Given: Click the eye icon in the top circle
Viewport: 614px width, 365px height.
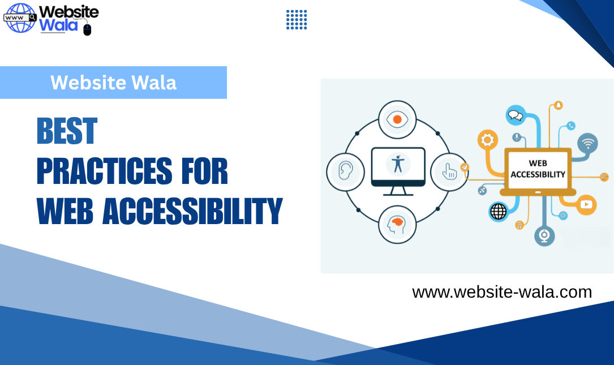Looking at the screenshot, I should click(397, 119).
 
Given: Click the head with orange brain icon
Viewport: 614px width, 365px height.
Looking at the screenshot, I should click(397, 224).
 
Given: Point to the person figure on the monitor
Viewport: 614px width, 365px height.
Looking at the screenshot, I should click(398, 164).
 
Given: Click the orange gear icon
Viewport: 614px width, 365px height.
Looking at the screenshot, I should click(487, 139).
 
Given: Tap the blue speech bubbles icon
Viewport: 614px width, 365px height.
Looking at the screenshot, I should click(516, 115).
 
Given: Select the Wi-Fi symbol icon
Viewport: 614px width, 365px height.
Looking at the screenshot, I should click(588, 143).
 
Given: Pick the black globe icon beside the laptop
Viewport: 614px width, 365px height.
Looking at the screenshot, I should click(499, 212).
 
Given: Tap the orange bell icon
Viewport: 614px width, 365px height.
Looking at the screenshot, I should click(559, 105).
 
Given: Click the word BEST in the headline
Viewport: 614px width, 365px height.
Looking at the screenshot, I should click(67, 131).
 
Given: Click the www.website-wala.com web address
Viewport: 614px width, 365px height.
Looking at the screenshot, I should click(502, 292).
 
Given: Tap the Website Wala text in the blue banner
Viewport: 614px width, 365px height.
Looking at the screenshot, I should click(113, 83).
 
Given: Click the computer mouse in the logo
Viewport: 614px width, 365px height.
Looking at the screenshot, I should click(87, 29).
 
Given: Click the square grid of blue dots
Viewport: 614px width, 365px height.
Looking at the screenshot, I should click(297, 20).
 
